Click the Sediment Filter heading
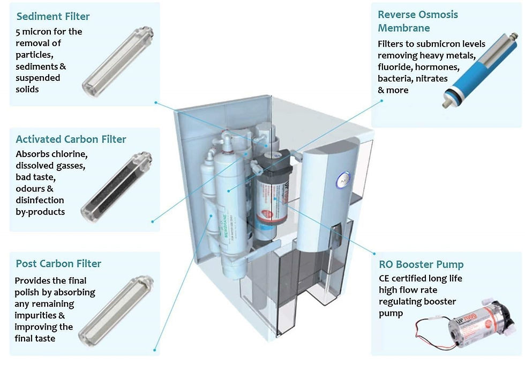[54, 16]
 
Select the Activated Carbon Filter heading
[71, 139]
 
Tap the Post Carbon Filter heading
[58, 263]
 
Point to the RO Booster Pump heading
[421, 264]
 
